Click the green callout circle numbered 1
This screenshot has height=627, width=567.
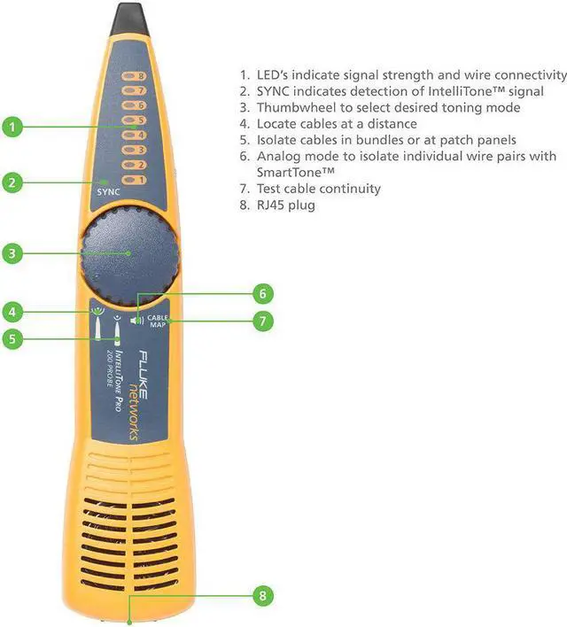[12, 128]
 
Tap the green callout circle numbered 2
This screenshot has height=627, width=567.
[12, 183]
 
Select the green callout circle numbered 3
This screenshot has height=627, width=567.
[12, 254]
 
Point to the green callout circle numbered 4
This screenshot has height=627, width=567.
[12, 311]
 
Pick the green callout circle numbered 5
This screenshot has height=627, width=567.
[12, 338]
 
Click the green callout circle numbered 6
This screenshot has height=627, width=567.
[261, 293]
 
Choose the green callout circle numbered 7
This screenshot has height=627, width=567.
[261, 321]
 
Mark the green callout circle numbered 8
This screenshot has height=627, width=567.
[261, 595]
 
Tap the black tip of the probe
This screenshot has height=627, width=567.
[125, 19]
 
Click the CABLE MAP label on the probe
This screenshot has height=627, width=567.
[159, 321]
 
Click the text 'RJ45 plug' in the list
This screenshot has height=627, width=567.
[285, 205]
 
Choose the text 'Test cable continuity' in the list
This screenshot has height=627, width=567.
[318, 189]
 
